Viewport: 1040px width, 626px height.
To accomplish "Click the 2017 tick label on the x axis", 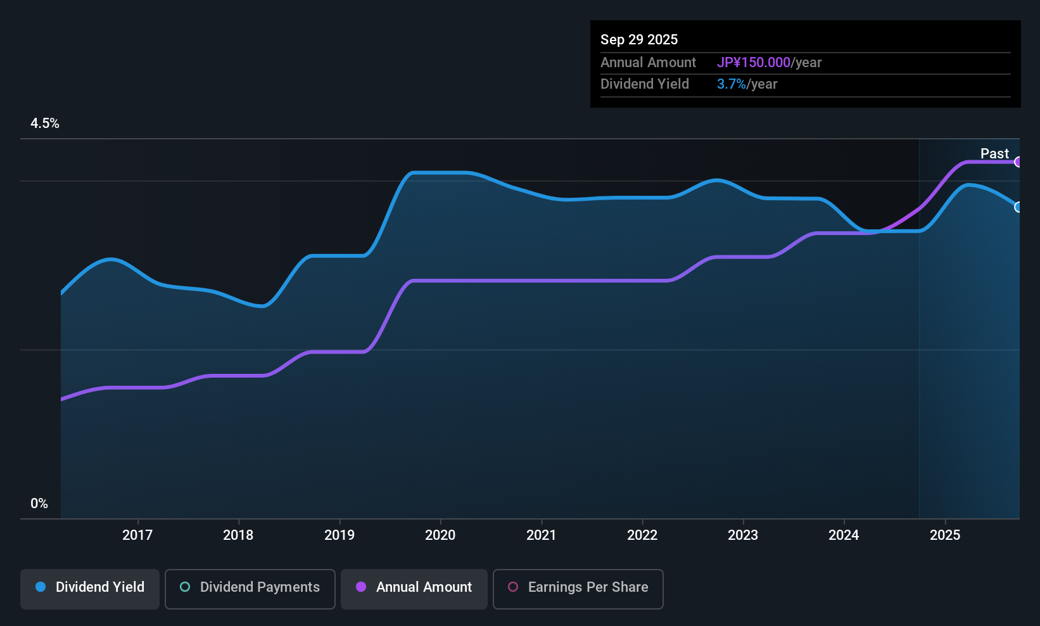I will (137, 535).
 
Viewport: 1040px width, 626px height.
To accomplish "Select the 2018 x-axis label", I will (238, 535).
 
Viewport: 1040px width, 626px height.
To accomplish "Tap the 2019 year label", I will (339, 535).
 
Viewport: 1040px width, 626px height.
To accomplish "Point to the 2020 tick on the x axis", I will (440, 535).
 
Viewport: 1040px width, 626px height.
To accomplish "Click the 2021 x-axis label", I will (541, 535).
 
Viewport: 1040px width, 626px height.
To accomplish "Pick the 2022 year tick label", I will (642, 535).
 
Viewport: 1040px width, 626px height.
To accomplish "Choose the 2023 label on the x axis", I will (743, 535).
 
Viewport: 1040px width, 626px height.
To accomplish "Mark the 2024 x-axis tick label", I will (844, 535).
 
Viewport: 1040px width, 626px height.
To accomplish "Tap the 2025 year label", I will (945, 535).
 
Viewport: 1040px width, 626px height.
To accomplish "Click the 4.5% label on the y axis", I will (45, 124).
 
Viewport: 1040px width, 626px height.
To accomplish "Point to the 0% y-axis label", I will (39, 504).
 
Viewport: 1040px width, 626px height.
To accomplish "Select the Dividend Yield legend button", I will (90, 587).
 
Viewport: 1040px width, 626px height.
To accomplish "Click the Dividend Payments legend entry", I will (250, 587).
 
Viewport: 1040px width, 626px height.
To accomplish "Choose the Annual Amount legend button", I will (414, 587).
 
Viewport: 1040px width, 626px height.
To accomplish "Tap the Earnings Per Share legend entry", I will (578, 587).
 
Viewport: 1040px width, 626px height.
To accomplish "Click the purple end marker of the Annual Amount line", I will (1018, 162).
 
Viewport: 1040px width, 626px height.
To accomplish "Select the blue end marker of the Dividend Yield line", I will (1018, 207).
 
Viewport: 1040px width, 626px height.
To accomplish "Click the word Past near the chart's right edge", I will (994, 153).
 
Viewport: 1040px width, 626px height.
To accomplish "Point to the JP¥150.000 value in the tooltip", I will (754, 63).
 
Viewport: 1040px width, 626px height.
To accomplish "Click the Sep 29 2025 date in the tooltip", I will (639, 39).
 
